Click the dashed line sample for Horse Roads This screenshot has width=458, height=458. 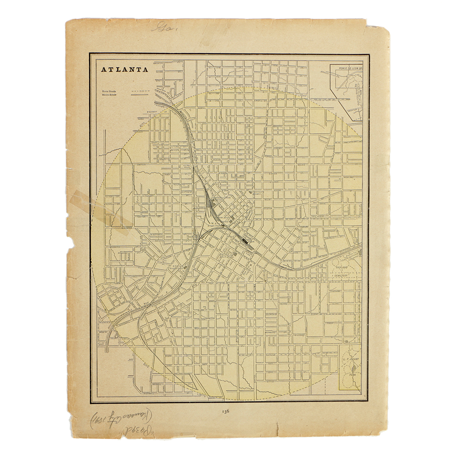[141, 91]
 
